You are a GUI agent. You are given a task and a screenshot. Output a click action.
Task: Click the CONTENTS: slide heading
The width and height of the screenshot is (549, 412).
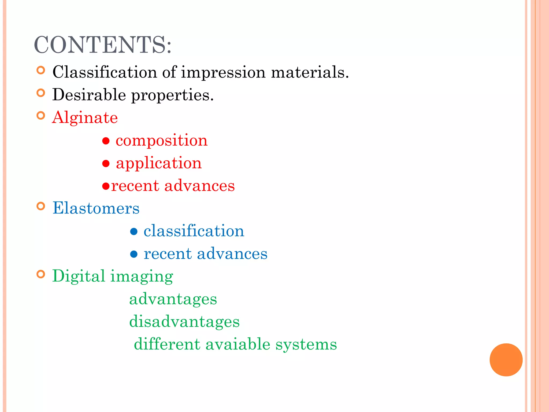pos(102,45)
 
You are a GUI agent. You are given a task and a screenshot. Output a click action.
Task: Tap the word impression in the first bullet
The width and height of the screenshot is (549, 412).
pos(223,72)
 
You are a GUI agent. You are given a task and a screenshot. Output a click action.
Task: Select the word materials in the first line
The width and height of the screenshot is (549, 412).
pos(310,72)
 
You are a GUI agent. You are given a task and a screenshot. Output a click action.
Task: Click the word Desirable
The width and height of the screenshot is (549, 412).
pos(89,95)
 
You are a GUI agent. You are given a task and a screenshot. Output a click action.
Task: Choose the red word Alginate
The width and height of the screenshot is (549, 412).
pos(85,118)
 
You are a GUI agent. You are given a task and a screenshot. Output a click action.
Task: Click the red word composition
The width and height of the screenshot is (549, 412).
pos(161,141)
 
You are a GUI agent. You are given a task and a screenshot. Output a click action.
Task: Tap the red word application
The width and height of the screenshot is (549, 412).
pos(159,163)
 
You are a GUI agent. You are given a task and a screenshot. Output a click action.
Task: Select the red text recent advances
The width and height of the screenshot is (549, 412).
pos(173,186)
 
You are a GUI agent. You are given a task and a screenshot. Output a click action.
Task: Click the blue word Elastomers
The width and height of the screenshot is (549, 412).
pos(96,208)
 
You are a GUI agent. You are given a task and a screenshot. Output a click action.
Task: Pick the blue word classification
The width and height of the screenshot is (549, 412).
pos(194,231)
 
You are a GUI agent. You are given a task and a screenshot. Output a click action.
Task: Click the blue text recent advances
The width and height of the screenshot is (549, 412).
pos(205,253)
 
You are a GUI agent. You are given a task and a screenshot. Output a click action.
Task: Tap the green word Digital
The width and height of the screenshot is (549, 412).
pos(79,276)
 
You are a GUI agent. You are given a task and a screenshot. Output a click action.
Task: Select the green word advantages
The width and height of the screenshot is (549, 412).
pos(173,299)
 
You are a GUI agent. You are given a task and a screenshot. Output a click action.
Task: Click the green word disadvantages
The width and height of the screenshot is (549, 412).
pos(184,322)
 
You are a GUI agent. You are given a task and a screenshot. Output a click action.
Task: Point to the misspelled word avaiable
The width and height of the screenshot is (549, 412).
pos(238,344)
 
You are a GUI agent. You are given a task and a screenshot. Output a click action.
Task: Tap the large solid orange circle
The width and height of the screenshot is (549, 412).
pos(506,360)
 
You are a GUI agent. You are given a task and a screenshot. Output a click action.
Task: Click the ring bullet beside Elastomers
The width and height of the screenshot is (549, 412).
pos(41,206)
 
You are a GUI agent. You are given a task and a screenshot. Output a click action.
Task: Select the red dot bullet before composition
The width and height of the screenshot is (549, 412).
pos(106,141)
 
